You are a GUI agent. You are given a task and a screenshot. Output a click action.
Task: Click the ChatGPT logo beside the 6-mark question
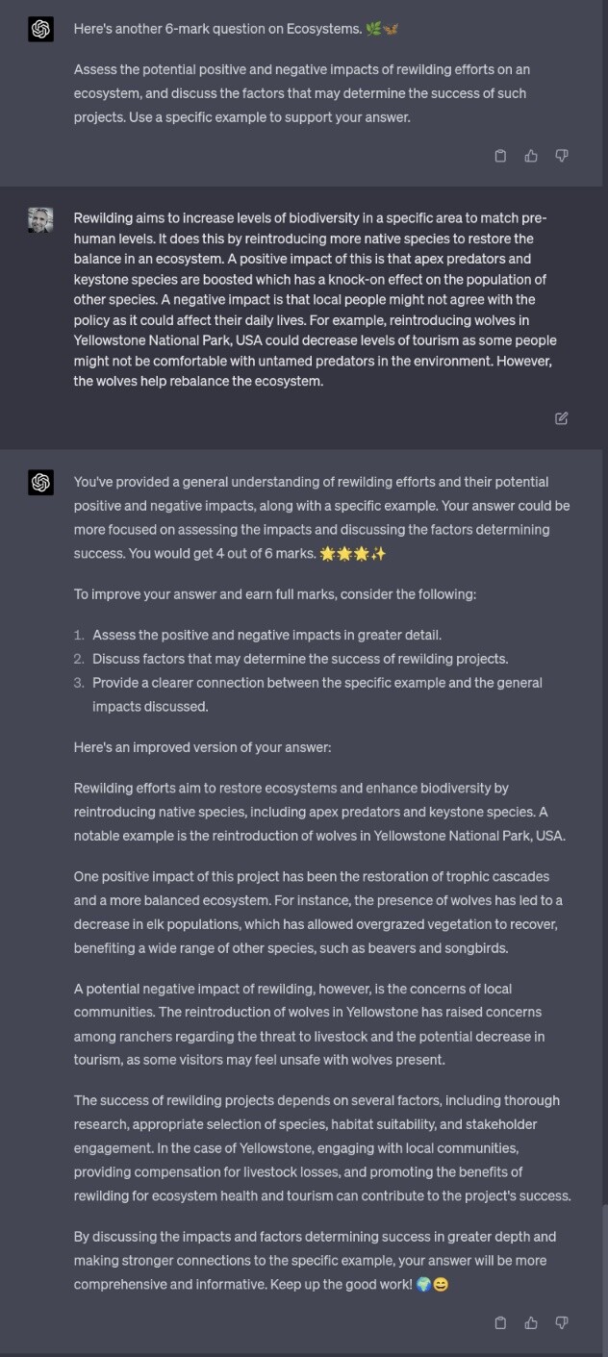(40, 29)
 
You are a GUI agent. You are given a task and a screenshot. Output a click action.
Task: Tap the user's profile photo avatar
(40, 220)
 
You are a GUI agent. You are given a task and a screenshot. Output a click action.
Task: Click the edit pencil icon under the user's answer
(562, 418)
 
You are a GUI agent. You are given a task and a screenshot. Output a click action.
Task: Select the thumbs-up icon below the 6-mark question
(531, 156)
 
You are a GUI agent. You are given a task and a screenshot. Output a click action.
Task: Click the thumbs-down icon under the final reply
(562, 1322)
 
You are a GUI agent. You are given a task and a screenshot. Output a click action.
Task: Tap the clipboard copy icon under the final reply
(500, 1322)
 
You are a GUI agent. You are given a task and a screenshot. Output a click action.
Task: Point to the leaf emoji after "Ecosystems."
(373, 29)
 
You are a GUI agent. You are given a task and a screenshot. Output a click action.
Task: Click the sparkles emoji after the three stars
(378, 554)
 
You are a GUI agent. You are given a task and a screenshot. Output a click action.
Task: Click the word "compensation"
(174, 1172)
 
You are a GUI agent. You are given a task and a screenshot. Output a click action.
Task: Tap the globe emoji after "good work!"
(423, 1285)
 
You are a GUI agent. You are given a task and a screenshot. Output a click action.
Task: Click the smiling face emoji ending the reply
(441, 1285)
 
